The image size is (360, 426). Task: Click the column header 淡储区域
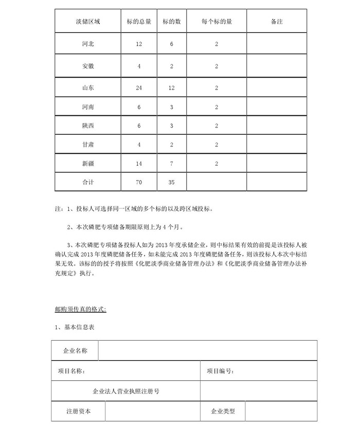[x=87, y=22]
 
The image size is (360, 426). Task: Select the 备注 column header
[x=276, y=22]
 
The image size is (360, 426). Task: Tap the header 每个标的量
[x=217, y=22]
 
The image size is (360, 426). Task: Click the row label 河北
[x=87, y=44]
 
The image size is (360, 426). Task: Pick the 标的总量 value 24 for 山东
[x=139, y=88]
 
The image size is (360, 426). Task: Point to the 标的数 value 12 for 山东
[x=171, y=88]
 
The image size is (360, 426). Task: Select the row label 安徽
[x=87, y=66]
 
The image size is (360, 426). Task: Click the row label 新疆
[x=87, y=164]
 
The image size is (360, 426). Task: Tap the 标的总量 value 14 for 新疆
[x=139, y=164]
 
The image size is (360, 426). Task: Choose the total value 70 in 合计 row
[x=139, y=182]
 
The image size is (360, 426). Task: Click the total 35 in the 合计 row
[x=171, y=182]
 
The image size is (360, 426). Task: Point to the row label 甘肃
[x=87, y=145]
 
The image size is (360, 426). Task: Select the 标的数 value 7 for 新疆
[x=171, y=164]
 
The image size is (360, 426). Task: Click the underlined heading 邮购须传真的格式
[x=80, y=309]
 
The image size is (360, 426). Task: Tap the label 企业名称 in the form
[x=75, y=351]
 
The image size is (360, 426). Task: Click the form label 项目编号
[x=222, y=370]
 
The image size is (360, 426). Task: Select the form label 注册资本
[x=79, y=411]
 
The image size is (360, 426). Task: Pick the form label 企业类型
[x=223, y=411]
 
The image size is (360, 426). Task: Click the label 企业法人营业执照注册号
[x=126, y=391]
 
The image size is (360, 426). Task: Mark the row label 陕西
[x=87, y=126]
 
